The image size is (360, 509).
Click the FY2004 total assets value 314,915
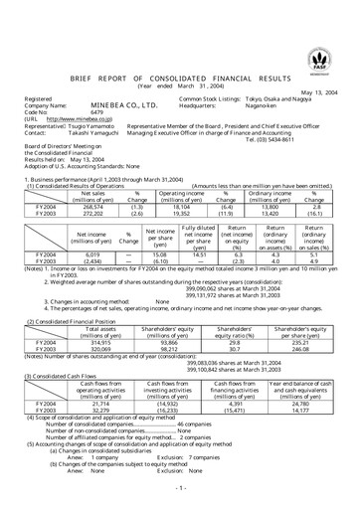pos(98,315)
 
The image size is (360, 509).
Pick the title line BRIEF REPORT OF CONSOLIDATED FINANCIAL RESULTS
pos(182,76)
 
